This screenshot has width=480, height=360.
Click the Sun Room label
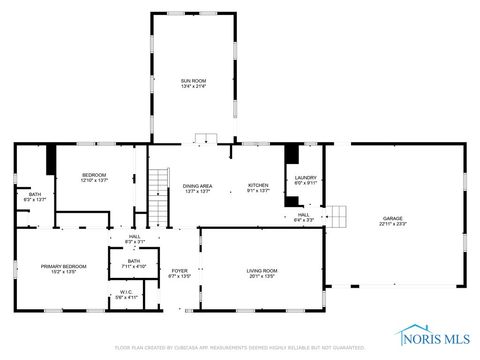(x=192, y=79)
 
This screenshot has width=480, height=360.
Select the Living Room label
(x=262, y=271)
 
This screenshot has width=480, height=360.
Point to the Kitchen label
(x=258, y=185)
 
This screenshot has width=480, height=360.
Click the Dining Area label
(x=196, y=185)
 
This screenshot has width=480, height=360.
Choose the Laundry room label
(x=304, y=177)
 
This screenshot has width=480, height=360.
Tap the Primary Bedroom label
(x=63, y=265)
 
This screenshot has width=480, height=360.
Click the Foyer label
(x=179, y=271)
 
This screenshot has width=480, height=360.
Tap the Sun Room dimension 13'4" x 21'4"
(x=192, y=86)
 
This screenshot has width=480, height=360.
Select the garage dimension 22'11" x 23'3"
(x=392, y=224)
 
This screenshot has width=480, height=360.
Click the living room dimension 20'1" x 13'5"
(x=262, y=277)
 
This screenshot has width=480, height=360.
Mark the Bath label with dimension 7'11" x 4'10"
(x=133, y=261)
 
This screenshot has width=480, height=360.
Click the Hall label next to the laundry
(x=304, y=214)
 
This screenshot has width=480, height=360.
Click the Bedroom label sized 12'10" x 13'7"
(x=93, y=175)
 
